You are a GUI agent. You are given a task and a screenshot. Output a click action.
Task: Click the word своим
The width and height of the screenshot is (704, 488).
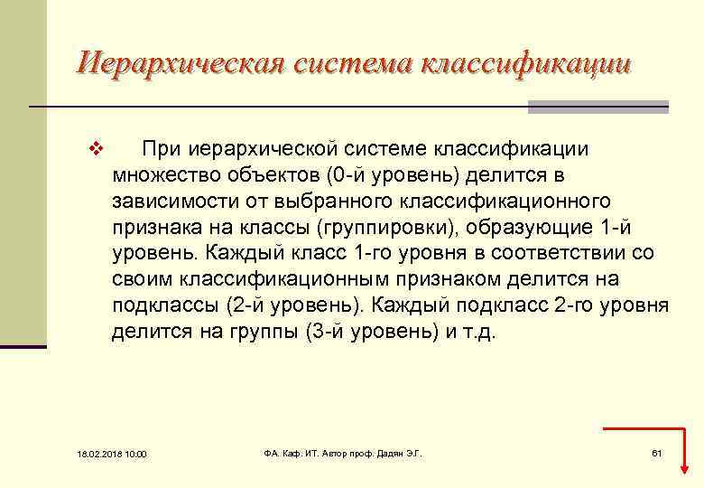[143, 279]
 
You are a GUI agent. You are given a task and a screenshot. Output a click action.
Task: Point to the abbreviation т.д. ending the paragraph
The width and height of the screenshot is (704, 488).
[475, 332]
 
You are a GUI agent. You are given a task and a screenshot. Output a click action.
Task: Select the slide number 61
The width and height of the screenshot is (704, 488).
[656, 452]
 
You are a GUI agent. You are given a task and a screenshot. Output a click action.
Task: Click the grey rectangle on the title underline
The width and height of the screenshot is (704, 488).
[597, 108]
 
